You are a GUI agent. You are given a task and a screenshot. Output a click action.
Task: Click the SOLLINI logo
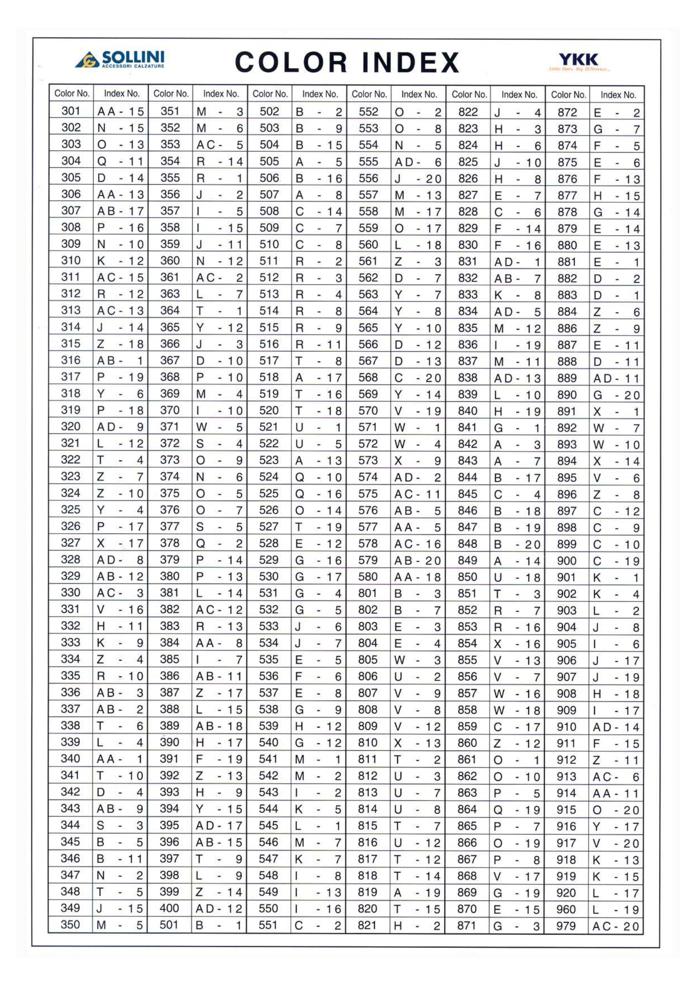point(120,59)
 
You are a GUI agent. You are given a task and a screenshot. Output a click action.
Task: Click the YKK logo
point(578,61)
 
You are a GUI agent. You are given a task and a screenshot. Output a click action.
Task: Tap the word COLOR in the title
point(291,62)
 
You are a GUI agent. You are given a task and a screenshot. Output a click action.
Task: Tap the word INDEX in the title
point(410,62)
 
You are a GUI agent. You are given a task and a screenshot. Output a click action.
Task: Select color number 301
point(71,111)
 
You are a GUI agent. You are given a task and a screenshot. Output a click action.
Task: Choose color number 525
point(269,493)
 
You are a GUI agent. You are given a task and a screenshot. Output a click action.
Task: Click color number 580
point(368,576)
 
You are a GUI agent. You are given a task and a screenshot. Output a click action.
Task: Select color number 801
point(368,593)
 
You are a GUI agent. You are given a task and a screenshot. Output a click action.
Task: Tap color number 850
point(467,577)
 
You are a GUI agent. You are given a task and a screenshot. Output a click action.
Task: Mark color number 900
point(566,560)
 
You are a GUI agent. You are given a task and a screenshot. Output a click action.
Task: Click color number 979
point(566,925)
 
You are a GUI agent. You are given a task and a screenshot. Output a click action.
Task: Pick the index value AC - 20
point(616,926)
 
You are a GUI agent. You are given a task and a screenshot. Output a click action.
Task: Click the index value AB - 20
point(417,560)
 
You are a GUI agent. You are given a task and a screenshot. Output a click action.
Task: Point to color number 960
point(566,909)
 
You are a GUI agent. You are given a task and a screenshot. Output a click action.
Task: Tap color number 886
point(567,328)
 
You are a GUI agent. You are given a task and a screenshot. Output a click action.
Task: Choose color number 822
point(468,112)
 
